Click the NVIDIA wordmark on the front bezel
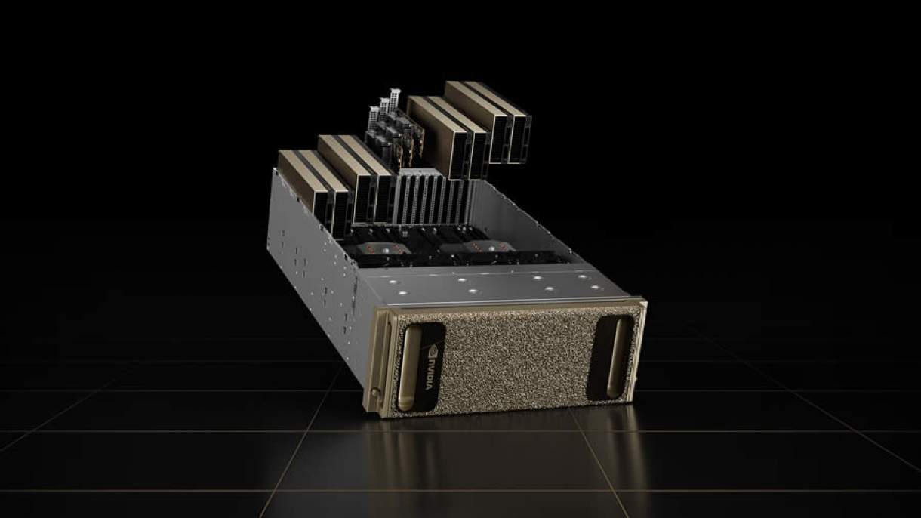430,373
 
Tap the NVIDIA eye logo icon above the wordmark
433,350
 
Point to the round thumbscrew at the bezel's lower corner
374,391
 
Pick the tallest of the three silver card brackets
395,99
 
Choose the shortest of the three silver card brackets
374,116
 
